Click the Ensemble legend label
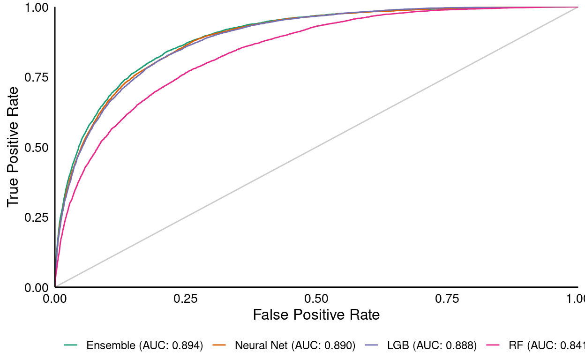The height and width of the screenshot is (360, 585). [144, 346]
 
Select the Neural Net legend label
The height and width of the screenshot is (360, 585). [295, 346]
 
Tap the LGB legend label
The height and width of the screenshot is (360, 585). [432, 346]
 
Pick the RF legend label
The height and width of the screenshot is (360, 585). [547, 346]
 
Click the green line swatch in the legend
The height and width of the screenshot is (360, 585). [71, 345]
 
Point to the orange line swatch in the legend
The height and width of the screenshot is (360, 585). [219, 345]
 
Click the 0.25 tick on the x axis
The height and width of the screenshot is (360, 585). [186, 298]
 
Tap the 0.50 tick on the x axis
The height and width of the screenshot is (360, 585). [316, 298]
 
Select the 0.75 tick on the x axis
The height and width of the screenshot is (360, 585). [447, 298]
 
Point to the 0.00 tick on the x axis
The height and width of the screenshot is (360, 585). [55, 298]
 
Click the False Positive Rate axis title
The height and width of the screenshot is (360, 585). [316, 315]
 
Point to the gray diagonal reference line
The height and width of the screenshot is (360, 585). [316, 147]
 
